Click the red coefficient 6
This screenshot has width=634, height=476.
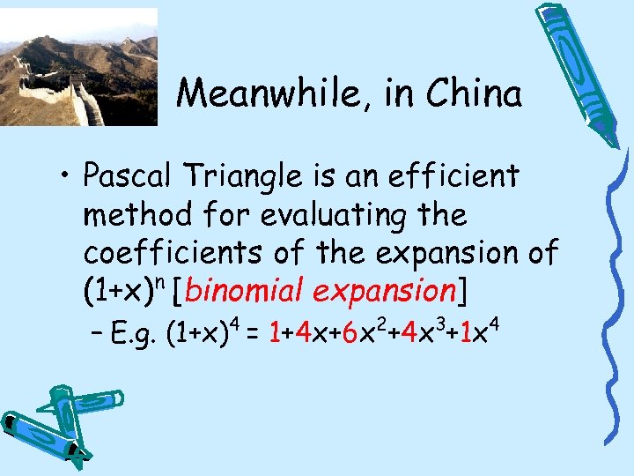tap(350, 332)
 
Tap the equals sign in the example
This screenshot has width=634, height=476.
tap(253, 333)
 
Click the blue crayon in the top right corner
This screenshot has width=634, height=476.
tap(576, 71)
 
